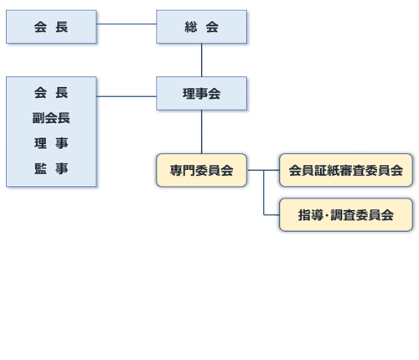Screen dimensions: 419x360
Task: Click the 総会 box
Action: (201, 27)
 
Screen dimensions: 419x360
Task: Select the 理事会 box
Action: (201, 93)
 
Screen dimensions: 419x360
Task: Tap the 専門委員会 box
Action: (201, 170)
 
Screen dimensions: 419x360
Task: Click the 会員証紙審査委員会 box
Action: (346, 170)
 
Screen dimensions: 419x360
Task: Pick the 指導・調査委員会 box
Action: (346, 215)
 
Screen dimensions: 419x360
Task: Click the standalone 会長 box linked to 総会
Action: (51, 27)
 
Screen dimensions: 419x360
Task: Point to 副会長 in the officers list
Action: (51, 118)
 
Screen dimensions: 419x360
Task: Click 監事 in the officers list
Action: (51, 168)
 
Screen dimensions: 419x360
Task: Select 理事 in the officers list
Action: (51, 143)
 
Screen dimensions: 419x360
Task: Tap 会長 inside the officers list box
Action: (51, 93)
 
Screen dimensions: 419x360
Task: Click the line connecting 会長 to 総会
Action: (127, 24)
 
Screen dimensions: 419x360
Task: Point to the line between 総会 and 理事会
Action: (201, 60)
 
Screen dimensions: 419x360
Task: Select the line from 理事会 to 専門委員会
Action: (201, 131)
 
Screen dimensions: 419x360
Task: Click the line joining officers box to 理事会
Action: (127, 96)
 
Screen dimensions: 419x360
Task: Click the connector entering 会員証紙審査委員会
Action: (263, 170)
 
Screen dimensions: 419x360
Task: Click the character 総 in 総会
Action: (191, 27)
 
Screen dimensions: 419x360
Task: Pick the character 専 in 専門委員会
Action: (176, 170)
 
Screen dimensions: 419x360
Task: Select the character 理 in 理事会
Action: (189, 94)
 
